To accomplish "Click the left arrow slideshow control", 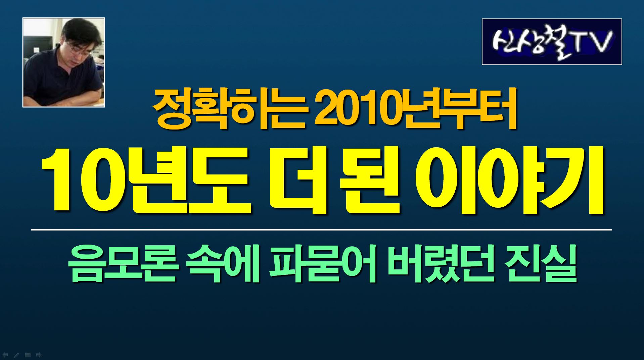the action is (5, 355).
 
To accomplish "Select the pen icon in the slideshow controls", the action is (16, 355).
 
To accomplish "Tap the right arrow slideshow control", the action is (39, 355).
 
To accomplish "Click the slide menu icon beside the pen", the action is (28, 355).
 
